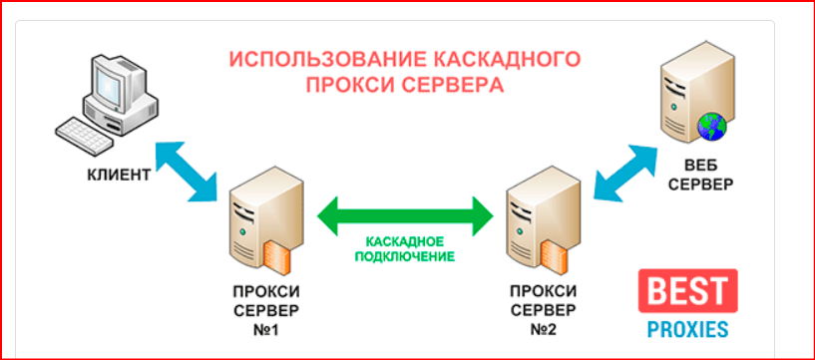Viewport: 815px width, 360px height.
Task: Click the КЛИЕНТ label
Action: [x=118, y=176]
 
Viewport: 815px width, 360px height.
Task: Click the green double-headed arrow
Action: [x=406, y=211]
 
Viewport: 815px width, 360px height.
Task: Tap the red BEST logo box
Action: [x=688, y=291]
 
